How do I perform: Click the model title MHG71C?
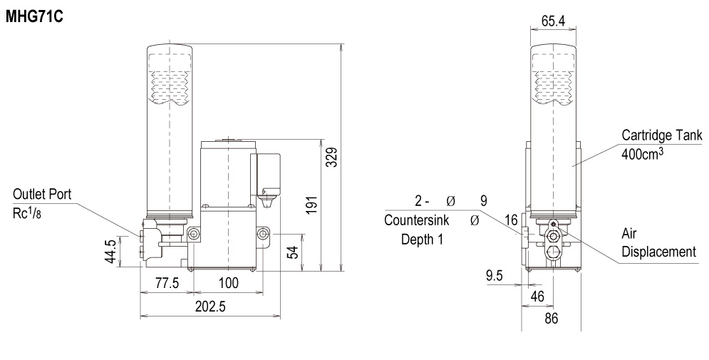[x=34, y=17]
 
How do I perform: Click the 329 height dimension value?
[x=332, y=157]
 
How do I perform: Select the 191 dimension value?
[x=311, y=205]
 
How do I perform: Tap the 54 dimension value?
[x=293, y=252]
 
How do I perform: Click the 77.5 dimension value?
[x=167, y=283]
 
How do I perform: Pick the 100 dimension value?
[x=228, y=283]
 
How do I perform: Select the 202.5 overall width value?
[x=209, y=307]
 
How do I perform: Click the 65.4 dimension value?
[x=553, y=21]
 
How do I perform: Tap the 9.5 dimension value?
[x=495, y=275]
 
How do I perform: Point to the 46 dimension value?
[x=537, y=297]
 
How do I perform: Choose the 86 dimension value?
[x=552, y=319]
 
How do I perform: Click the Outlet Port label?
[x=42, y=195]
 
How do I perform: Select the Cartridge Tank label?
[x=662, y=135]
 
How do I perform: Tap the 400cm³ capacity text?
[x=643, y=153]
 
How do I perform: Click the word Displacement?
[x=659, y=252]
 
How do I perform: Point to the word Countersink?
[x=416, y=220]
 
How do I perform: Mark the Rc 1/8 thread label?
[x=26, y=213]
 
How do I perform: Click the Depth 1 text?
[x=423, y=240]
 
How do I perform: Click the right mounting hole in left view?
[x=263, y=234]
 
